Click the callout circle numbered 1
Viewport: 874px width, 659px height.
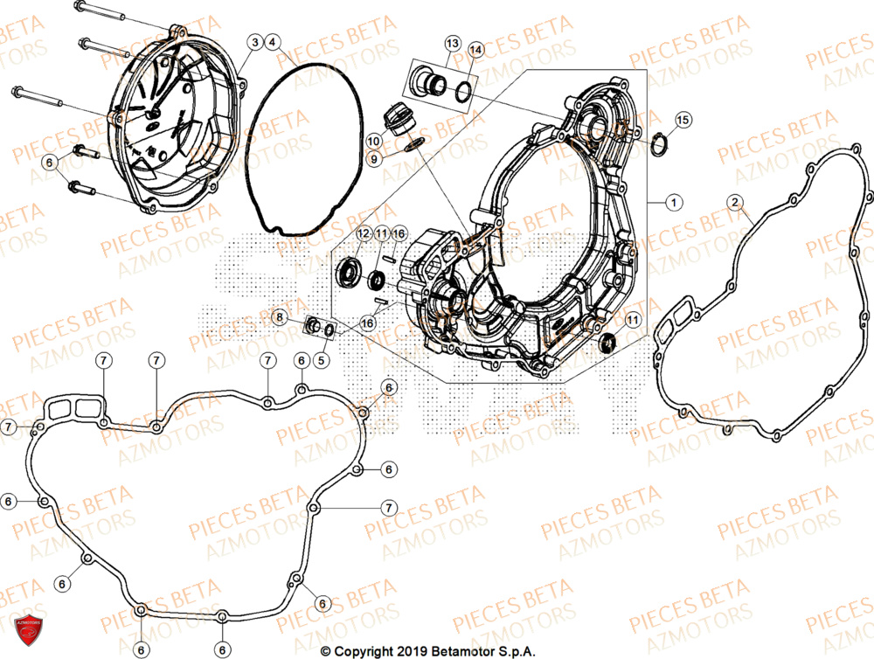click(x=673, y=203)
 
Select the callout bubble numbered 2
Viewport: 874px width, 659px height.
click(x=736, y=203)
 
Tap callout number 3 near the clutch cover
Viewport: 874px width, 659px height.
click(x=253, y=42)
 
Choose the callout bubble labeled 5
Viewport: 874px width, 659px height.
click(x=321, y=358)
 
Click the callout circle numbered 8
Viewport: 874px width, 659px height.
click(x=278, y=317)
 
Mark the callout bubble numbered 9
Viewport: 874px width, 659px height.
click(x=373, y=159)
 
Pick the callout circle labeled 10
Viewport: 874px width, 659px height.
click(x=373, y=140)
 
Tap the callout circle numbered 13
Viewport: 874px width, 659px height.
click(x=452, y=43)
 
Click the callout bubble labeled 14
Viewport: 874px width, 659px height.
click(x=475, y=50)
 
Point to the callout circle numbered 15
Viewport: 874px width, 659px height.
click(x=683, y=119)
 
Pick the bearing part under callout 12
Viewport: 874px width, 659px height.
click(x=348, y=269)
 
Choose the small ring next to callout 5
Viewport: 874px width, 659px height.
click(x=329, y=330)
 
